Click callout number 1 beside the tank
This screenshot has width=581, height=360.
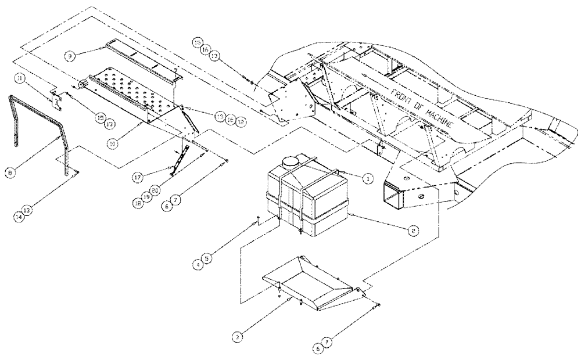367,179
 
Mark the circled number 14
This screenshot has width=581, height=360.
20,216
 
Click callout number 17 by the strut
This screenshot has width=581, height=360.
137,175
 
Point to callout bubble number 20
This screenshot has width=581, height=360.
155,190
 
